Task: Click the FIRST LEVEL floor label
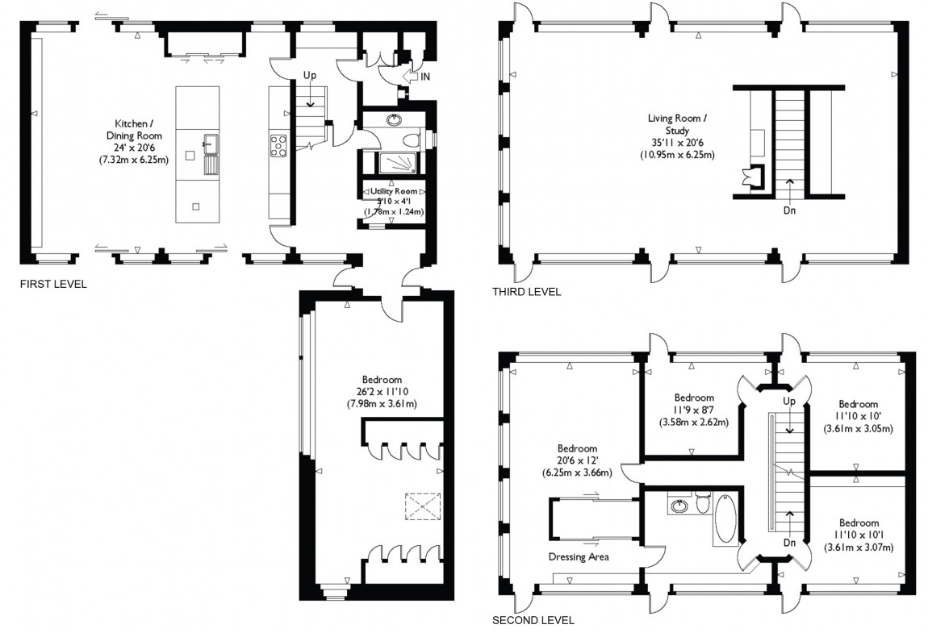(53, 284)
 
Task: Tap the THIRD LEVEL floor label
(526, 291)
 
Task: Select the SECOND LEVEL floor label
(533, 620)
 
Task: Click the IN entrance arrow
(416, 77)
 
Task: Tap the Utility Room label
(394, 191)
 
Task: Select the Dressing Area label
(579, 556)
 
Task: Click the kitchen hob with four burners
(278, 146)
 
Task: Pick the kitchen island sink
(211, 155)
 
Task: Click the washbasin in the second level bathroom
(680, 506)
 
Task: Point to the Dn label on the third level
(789, 210)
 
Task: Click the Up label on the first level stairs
(310, 75)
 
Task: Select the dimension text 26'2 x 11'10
(382, 392)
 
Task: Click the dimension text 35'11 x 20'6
(677, 143)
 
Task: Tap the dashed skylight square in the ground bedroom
(423, 506)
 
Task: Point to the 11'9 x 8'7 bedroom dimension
(694, 410)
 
